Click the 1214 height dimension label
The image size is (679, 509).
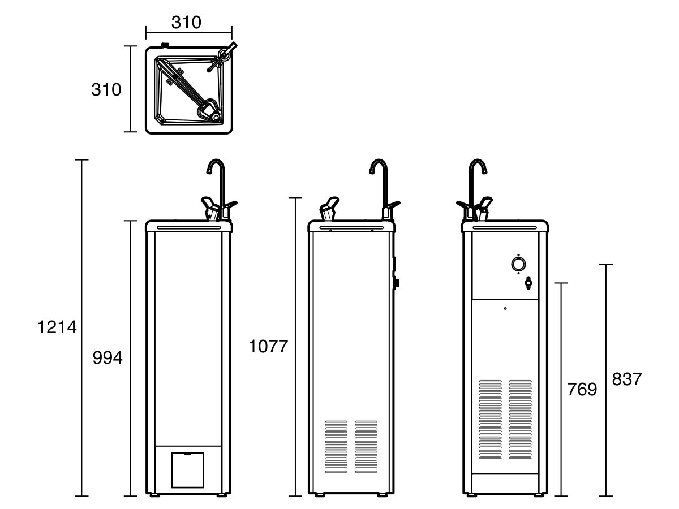(57, 327)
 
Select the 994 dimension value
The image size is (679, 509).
(108, 358)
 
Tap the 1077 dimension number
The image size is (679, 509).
(268, 346)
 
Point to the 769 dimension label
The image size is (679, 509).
(582, 389)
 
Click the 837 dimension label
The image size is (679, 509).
(627, 379)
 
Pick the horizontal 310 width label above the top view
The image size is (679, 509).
(186, 22)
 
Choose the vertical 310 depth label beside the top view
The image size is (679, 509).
(106, 89)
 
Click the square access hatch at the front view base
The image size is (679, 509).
(187, 470)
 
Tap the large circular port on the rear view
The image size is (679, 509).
(518, 264)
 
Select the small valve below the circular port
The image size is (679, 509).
(528, 283)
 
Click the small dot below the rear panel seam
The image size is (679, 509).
(505, 308)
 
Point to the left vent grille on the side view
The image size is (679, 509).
(336, 447)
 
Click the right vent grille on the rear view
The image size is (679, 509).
(521, 420)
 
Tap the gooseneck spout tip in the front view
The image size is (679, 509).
(208, 172)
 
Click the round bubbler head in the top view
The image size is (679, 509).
(215, 117)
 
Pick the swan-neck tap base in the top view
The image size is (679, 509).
(224, 56)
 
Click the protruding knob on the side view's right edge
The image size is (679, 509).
(397, 283)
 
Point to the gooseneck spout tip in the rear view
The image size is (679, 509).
(485, 172)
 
